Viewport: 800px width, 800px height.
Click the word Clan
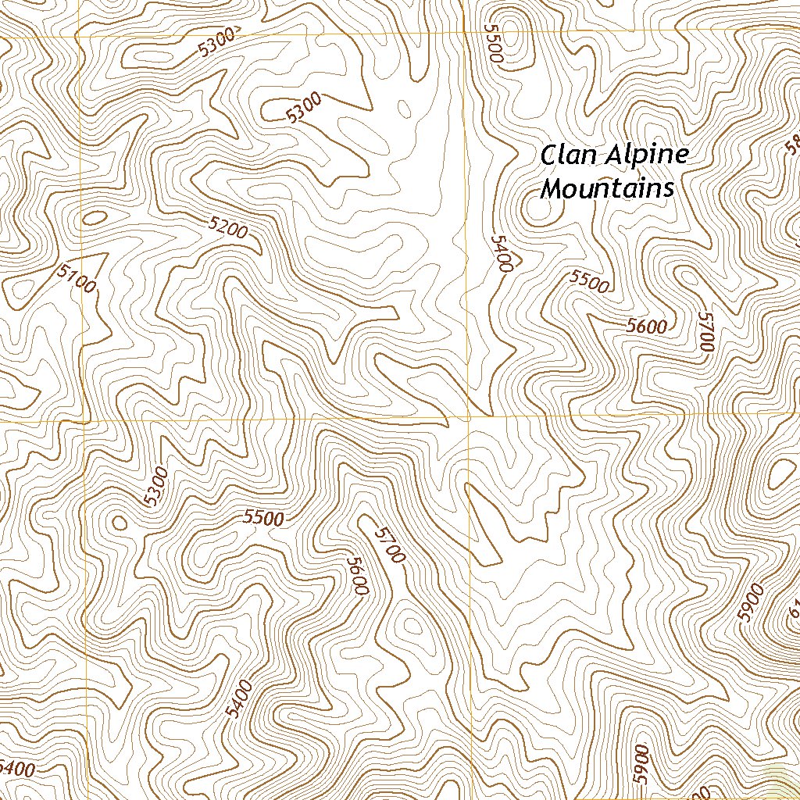coord(568,154)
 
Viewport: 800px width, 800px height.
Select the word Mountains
coord(607,188)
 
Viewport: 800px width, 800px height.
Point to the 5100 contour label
coord(77,278)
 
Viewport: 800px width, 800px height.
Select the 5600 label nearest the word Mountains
coord(646,327)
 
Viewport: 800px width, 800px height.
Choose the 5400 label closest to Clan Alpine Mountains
coord(500,253)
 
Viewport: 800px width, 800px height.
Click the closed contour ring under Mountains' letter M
coord(538,210)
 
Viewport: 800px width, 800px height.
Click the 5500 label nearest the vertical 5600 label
coord(263,517)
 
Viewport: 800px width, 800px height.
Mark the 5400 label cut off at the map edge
coord(17,769)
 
